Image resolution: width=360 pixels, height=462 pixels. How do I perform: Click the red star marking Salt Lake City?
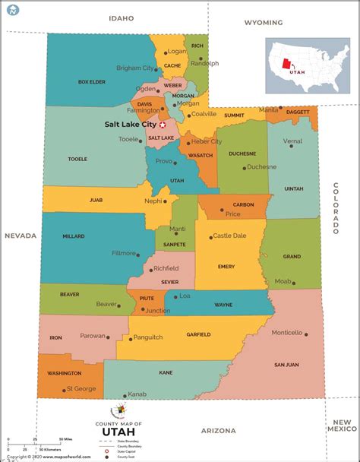point(162,124)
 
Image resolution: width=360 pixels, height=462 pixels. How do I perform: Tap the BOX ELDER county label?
point(90,81)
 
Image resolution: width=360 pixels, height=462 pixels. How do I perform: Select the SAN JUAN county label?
point(286,365)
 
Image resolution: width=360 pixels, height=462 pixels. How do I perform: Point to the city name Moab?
point(283,281)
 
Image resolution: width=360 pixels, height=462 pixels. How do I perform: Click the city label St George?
point(80,388)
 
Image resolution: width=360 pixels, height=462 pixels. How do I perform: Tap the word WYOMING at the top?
point(264,23)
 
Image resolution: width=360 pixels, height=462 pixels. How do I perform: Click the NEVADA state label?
point(21,236)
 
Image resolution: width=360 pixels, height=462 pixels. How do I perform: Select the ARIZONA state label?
point(218,430)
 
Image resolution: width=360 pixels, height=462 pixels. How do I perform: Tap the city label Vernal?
point(292,141)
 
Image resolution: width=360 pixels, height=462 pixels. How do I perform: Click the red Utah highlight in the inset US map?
point(287,62)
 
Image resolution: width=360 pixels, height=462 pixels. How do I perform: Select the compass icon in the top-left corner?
point(12,10)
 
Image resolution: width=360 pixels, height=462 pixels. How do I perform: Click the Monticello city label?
point(287,333)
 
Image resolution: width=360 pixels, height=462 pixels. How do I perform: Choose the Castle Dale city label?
point(229,236)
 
